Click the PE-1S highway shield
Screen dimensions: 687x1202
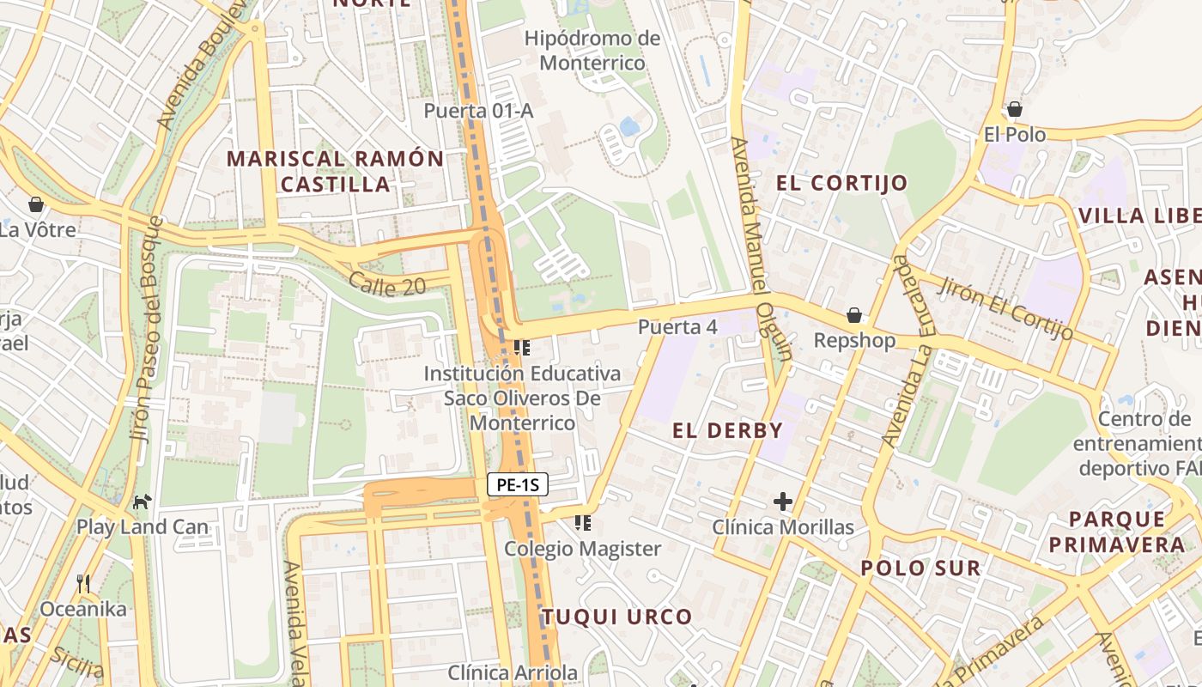(518, 484)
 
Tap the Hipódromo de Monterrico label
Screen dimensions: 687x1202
(592, 51)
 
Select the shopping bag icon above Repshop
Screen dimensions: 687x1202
(853, 315)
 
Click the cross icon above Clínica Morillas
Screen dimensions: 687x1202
(782, 501)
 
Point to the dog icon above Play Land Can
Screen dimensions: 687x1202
(142, 501)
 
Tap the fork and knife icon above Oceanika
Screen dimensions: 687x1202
(83, 584)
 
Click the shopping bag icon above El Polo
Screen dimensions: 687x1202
(1015, 109)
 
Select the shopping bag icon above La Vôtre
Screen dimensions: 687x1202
(36, 204)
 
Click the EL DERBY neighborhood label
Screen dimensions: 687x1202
(727, 431)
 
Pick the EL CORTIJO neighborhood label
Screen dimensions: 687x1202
(841, 183)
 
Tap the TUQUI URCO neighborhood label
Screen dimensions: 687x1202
(616, 617)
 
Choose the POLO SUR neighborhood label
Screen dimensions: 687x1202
(920, 568)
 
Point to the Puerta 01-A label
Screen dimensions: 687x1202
(478, 111)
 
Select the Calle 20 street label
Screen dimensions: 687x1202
(387, 284)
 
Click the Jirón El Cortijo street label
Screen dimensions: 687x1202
(1005, 307)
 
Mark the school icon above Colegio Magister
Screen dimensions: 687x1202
(583, 522)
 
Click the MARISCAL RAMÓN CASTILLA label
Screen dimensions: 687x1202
(336, 171)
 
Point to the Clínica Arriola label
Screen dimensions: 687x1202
(513, 672)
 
